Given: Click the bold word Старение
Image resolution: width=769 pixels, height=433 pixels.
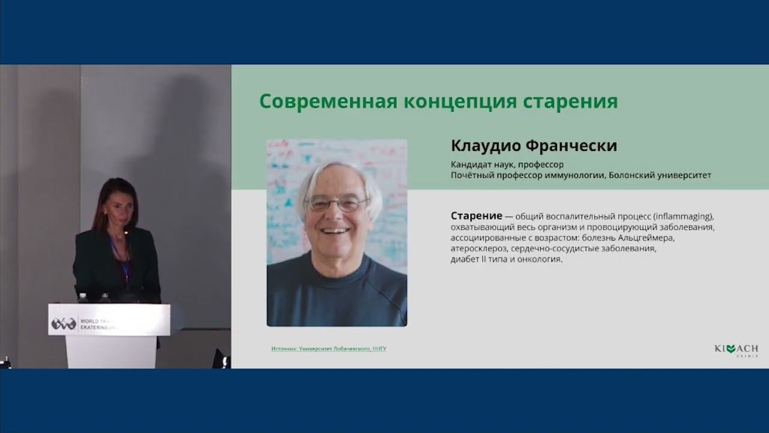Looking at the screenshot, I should tap(476, 216).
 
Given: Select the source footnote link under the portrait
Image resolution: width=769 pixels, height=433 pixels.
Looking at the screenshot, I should tap(329, 349).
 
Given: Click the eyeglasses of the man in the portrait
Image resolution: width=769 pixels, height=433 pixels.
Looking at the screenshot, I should tap(336, 204).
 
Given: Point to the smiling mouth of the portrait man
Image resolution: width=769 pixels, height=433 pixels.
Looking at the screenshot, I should tap(335, 230).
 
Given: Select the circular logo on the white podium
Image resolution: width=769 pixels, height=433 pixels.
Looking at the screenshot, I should tap(63, 324).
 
